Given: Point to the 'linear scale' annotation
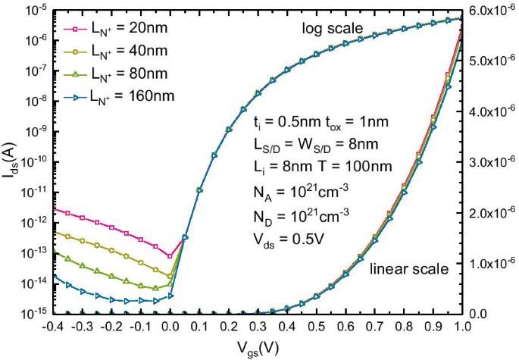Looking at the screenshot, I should [x=408, y=269].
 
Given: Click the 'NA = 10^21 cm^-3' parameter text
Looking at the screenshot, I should [x=301, y=186].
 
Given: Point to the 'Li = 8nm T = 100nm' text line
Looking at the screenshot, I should [x=313, y=164].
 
